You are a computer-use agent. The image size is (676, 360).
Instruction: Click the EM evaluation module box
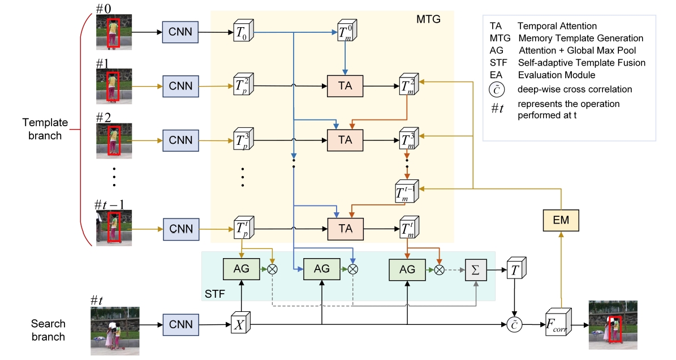561,220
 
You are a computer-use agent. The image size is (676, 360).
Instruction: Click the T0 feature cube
243,32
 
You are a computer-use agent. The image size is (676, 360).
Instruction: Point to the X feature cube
240,324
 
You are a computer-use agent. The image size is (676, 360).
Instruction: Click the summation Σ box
476,269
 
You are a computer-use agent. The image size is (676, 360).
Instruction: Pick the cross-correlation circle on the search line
514,324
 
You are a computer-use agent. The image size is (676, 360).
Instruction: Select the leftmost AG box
241,269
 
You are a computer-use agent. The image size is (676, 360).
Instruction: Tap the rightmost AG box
407,269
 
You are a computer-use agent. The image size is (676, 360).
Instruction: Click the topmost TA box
346,86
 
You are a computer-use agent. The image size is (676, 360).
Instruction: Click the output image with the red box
613,324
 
